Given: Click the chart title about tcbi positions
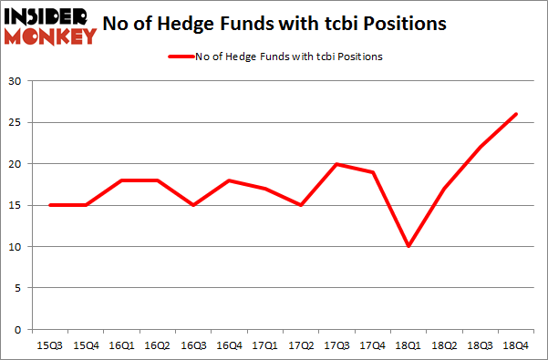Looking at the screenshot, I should [x=300, y=25].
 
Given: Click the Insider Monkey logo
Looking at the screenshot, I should [x=50, y=26].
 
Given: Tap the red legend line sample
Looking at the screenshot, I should [x=179, y=57].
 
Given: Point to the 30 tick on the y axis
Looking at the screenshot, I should [x=16, y=81].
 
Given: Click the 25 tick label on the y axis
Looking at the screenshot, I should [x=16, y=122].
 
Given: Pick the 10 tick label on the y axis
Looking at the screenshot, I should [x=16, y=246].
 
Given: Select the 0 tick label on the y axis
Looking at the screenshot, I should [x=19, y=329].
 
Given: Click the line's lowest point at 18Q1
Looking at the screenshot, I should [x=408, y=246].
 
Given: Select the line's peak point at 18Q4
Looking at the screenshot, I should [x=516, y=114].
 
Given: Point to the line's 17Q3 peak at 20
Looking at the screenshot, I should [x=336, y=164].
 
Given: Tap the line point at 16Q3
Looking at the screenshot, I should [x=191, y=205].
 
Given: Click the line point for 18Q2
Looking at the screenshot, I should [x=444, y=189].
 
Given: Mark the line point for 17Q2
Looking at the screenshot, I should [x=300, y=205].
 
